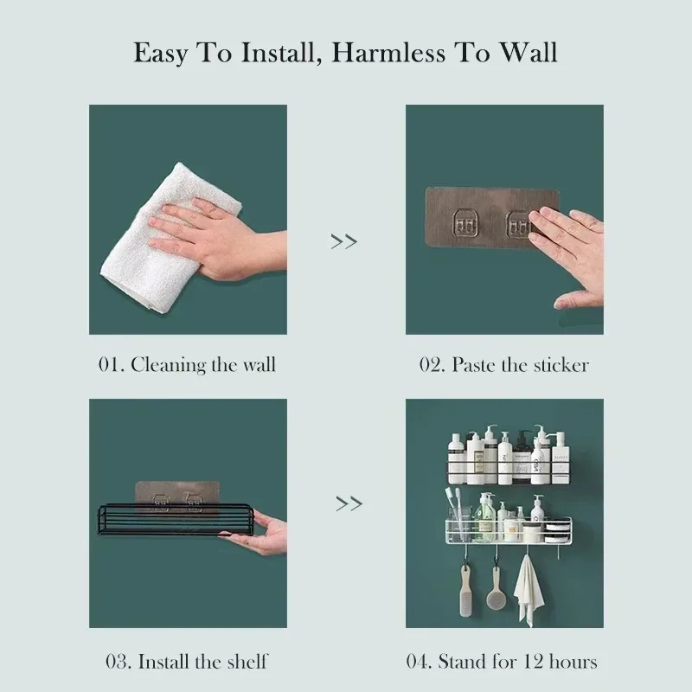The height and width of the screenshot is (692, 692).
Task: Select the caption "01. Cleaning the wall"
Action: point(186,364)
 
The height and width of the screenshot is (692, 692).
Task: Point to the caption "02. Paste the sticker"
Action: point(504,364)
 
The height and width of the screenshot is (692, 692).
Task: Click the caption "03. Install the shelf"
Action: point(187,662)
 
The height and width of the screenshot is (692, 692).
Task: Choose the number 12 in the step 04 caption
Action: point(528,662)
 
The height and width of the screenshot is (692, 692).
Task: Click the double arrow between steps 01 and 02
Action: point(344,241)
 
